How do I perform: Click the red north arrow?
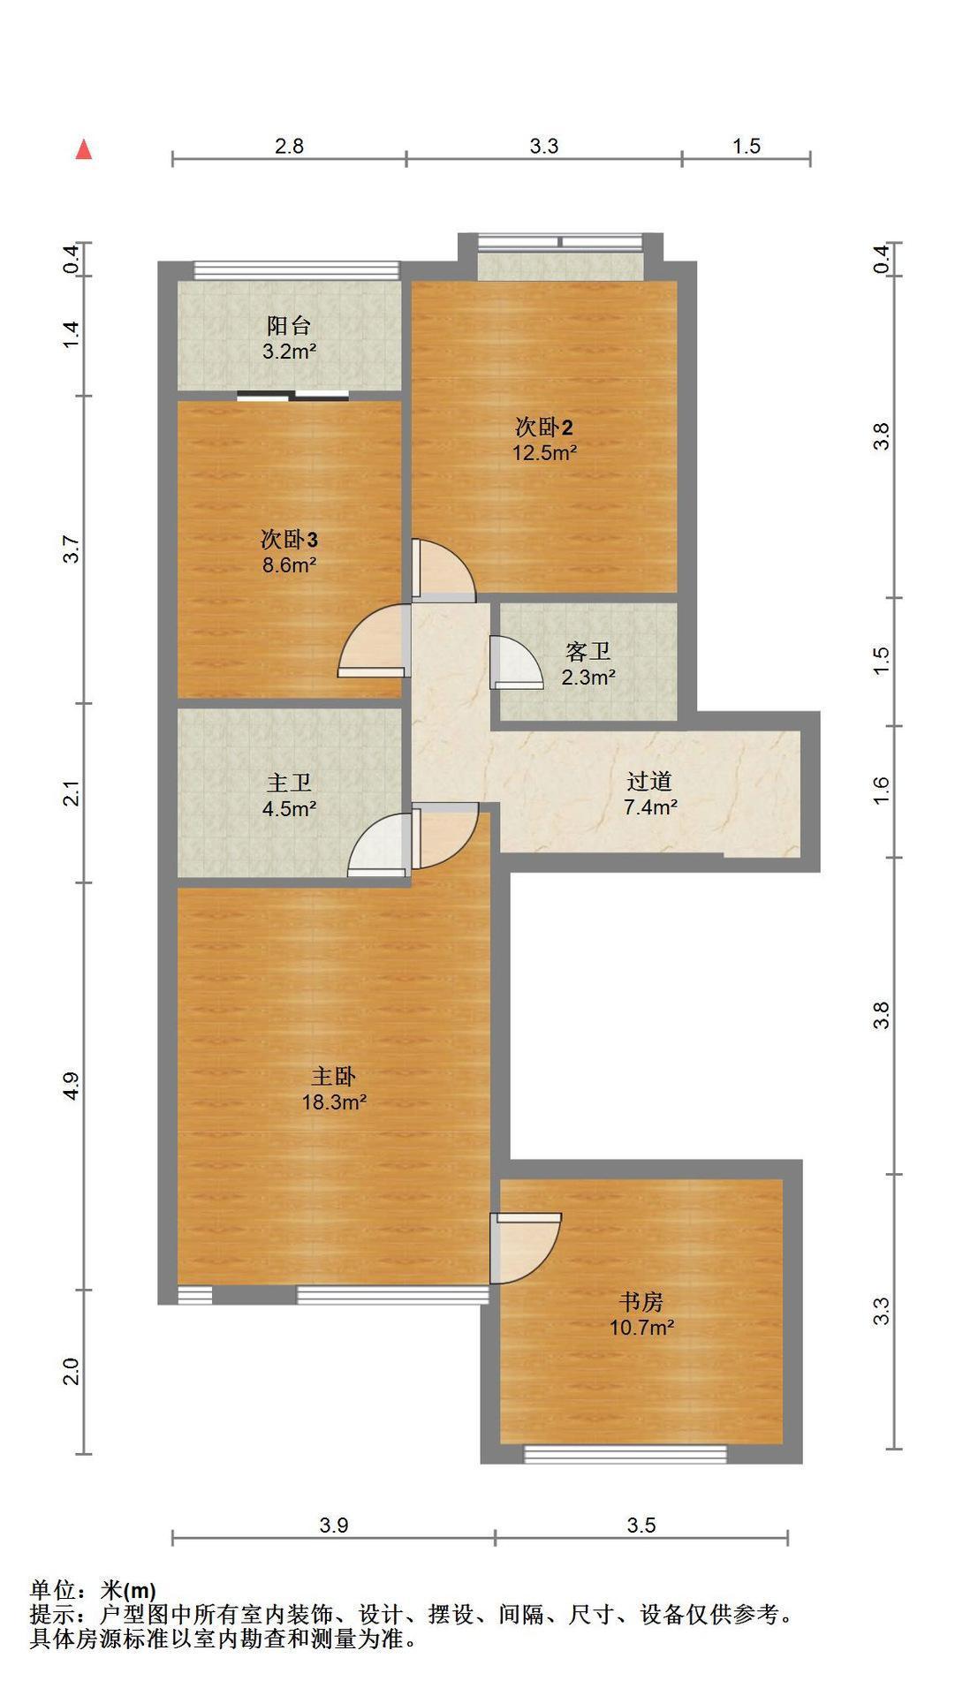pyautogui.click(x=84, y=149)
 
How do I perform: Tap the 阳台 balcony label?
pyautogui.click(x=289, y=326)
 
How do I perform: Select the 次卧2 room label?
pyautogui.click(x=544, y=428)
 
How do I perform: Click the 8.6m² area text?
pyautogui.click(x=289, y=564)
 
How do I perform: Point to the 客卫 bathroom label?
pyautogui.click(x=588, y=653)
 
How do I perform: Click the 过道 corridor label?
pyautogui.click(x=650, y=782)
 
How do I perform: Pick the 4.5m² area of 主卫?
pyautogui.click(x=289, y=807)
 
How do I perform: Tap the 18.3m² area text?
pyautogui.click(x=334, y=1102)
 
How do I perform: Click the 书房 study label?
pyautogui.click(x=641, y=1302)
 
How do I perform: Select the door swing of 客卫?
pyautogui.click(x=517, y=662)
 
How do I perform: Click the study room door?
pyautogui.click(x=527, y=1248)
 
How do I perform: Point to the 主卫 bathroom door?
pyautogui.click(x=380, y=844)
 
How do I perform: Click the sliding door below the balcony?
pyautogui.click(x=293, y=395)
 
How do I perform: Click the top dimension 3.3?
pyautogui.click(x=544, y=146)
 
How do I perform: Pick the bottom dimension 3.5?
pyautogui.click(x=641, y=1526)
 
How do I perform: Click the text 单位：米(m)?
pyautogui.click(x=94, y=1592)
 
